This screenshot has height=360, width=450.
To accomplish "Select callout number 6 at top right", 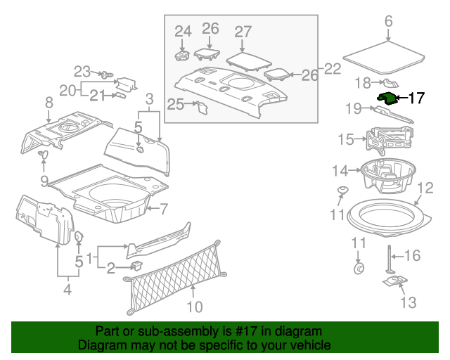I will [389, 21].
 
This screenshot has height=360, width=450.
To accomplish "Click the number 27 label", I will [243, 32].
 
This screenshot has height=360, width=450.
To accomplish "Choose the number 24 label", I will [183, 31].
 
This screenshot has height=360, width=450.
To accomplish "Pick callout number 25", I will [176, 105].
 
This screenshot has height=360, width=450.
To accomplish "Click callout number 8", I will [49, 103].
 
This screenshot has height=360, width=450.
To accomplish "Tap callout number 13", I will [408, 303].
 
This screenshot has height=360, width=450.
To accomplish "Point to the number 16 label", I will [413, 255].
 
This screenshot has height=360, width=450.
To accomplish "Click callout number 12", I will [425, 188].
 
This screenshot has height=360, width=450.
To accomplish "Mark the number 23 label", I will [83, 71].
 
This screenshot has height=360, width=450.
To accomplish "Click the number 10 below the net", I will [195, 307].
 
